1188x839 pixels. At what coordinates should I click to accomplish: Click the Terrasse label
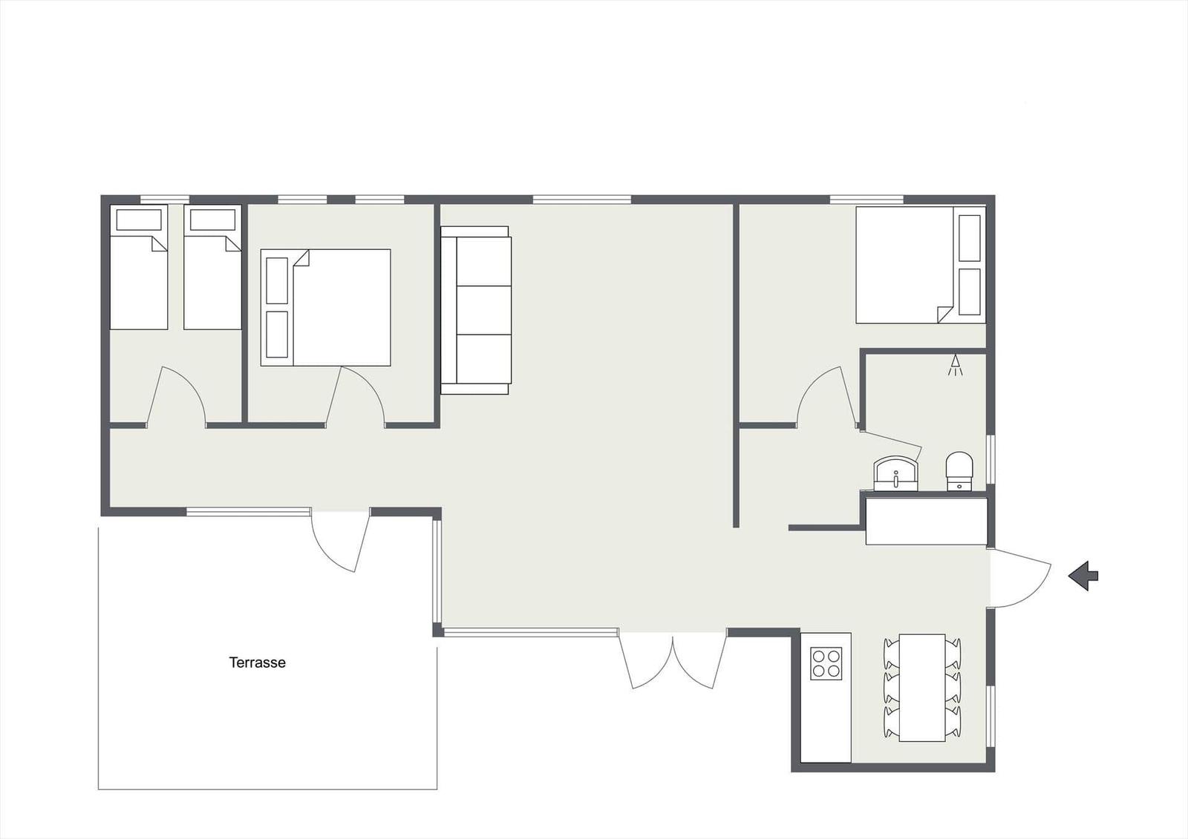257,662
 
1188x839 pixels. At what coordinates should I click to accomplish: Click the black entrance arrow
1083,576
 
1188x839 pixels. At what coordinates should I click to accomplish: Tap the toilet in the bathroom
959,471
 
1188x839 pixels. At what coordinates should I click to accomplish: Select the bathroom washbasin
895,473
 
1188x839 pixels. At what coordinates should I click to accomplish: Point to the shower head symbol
956,366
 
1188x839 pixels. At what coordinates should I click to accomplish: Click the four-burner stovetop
826,664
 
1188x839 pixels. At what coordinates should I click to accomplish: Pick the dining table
922,688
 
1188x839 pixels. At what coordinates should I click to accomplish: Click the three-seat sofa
476,310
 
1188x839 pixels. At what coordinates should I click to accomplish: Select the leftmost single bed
138,267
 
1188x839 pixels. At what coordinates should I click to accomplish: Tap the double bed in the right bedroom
921,265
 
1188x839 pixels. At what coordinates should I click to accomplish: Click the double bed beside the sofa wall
326,307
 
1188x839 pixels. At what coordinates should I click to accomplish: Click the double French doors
673,660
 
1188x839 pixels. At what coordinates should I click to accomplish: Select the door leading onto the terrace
340,541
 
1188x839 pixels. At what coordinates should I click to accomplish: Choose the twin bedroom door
175,396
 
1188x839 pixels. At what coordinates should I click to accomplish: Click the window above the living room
582,200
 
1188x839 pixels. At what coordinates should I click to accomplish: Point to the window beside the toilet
990,459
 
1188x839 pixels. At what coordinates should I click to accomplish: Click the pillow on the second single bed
212,220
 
